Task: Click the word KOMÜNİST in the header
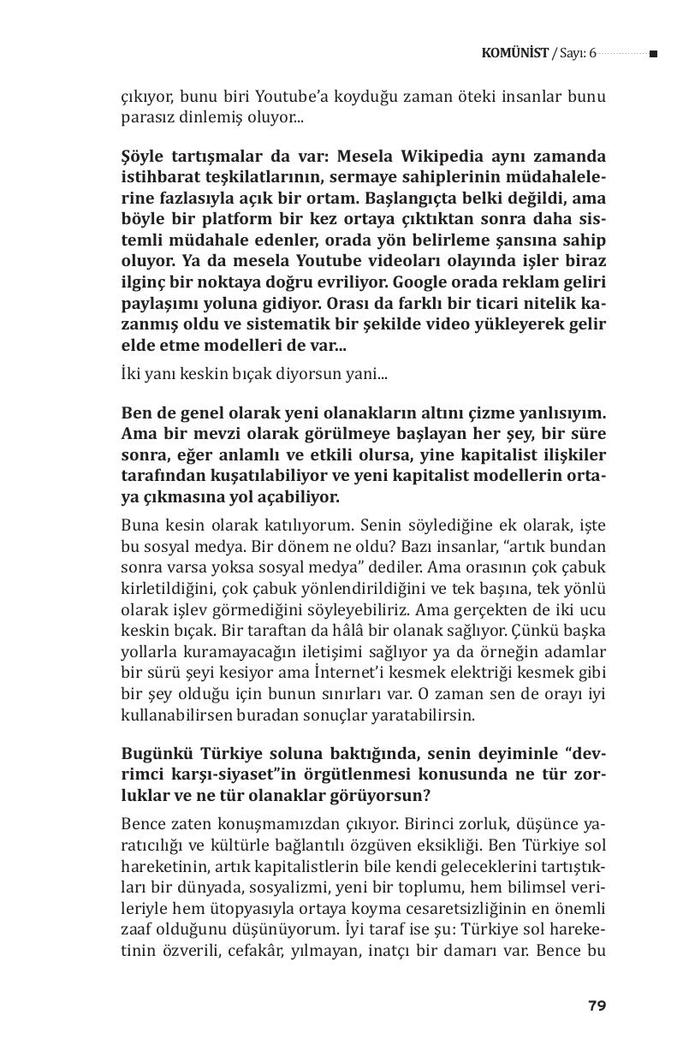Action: [x=515, y=53]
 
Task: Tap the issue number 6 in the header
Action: [x=591, y=53]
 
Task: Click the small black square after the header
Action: [x=653, y=54]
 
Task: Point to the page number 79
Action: [x=597, y=1006]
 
